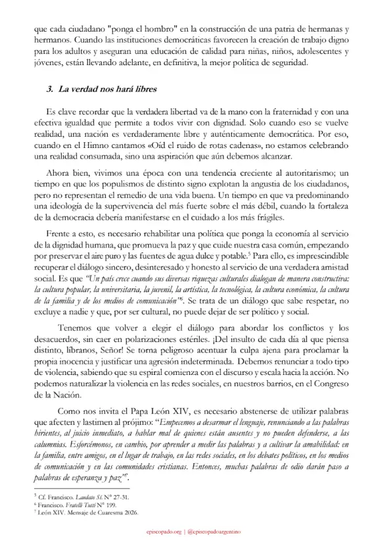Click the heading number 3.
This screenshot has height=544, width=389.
[x=49, y=89]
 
